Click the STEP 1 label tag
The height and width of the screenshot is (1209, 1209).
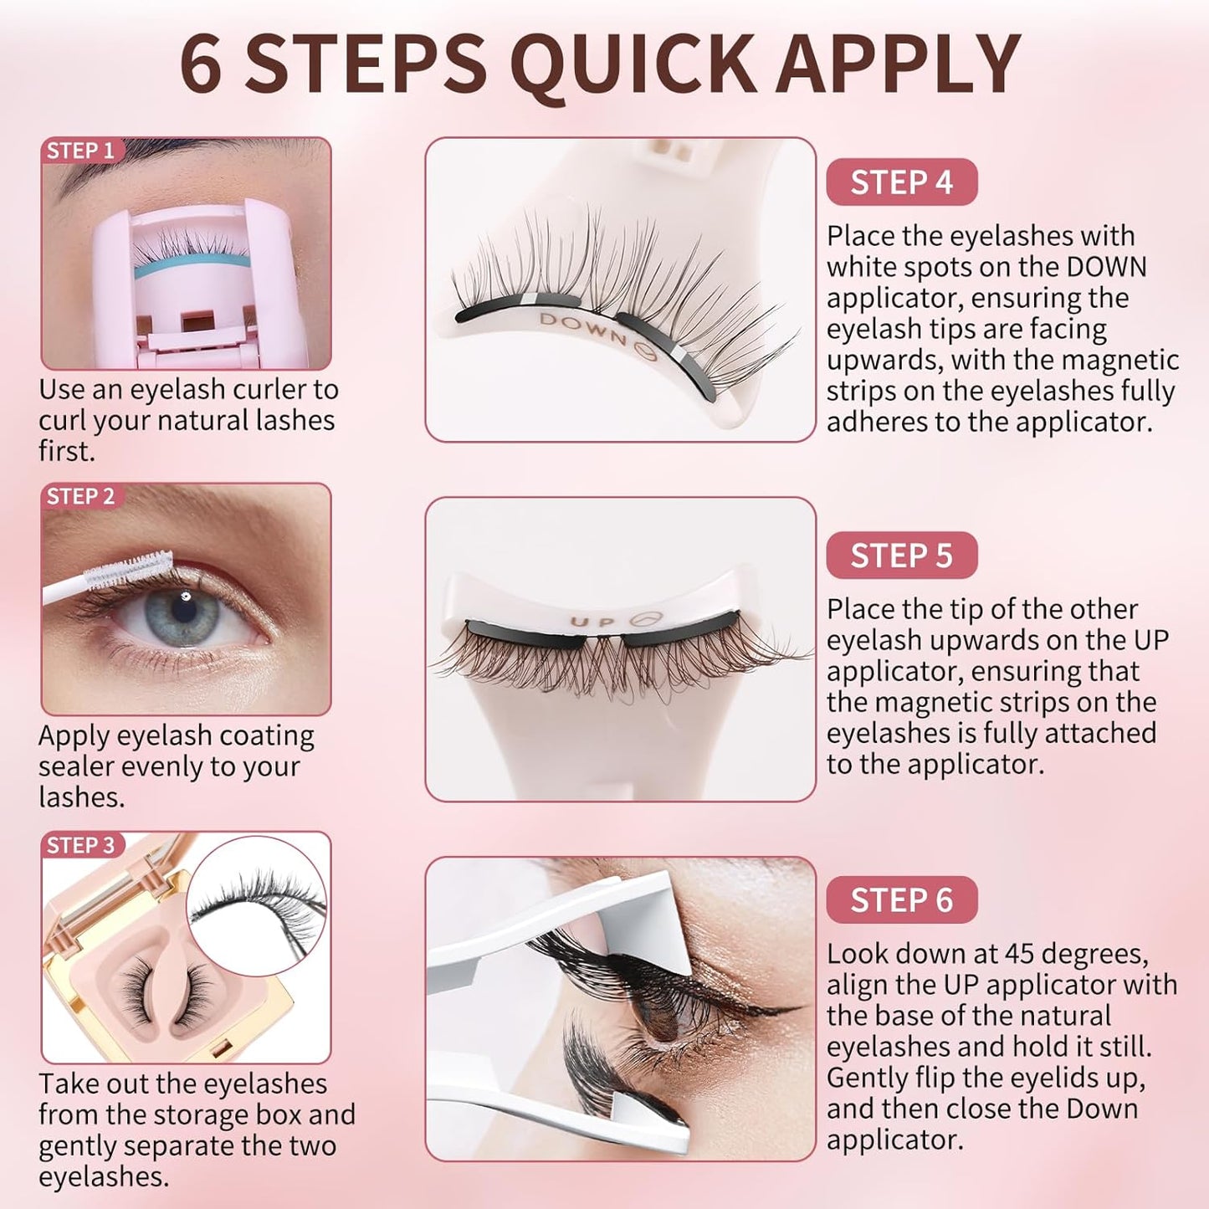pyautogui.click(x=80, y=151)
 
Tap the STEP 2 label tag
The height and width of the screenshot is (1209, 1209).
pyautogui.click(x=80, y=496)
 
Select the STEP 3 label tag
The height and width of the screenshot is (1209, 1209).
pyautogui.click(x=80, y=845)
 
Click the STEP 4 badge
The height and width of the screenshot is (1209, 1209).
pyautogui.click(x=901, y=182)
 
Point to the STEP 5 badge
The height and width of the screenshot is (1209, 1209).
pyautogui.click(x=901, y=556)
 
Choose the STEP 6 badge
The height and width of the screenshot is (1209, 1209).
pyautogui.click(x=901, y=900)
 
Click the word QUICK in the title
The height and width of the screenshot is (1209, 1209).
pyautogui.click(x=633, y=65)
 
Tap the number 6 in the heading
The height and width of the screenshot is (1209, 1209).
pyautogui.click(x=202, y=65)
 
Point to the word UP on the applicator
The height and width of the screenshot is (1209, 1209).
pyautogui.click(x=592, y=622)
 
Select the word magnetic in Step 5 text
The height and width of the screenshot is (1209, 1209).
pyautogui.click(x=1010, y=702)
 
